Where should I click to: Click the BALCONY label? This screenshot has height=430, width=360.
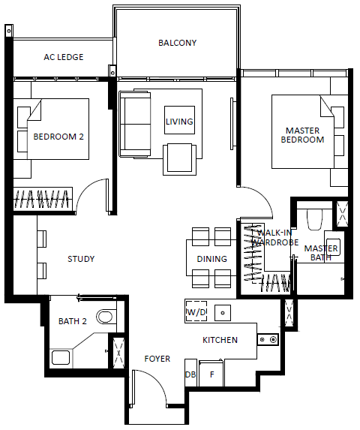pyautogui.click(x=177, y=43)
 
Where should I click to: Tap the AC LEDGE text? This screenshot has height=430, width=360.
pyautogui.click(x=64, y=57)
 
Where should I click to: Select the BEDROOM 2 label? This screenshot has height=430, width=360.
pyautogui.click(x=58, y=137)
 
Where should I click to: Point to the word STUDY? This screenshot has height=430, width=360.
pyautogui.click(x=81, y=259)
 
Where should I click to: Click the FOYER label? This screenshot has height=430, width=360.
pyautogui.click(x=157, y=359)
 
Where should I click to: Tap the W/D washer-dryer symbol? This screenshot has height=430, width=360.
pyautogui.click(x=196, y=311)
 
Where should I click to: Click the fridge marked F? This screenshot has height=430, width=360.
pyautogui.click(x=211, y=374)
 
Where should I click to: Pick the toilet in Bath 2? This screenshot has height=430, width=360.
pyautogui.click(x=104, y=317)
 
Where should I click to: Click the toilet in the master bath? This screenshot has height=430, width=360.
pyautogui.click(x=314, y=220)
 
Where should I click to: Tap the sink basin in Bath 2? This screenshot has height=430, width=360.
pyautogui.click(x=61, y=357)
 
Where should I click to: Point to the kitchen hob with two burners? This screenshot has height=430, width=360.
pyautogui.click(x=268, y=340)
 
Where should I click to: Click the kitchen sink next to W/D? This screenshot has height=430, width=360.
pyautogui.click(x=223, y=313)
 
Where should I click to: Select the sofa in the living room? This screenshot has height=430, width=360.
pyautogui.click(x=135, y=124)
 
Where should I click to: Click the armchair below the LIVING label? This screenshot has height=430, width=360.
pyautogui.click(x=180, y=159)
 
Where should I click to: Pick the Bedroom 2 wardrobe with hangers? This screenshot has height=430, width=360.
pyautogui.click(x=43, y=199)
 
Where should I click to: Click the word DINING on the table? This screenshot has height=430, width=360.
pyautogui.click(x=212, y=259)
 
